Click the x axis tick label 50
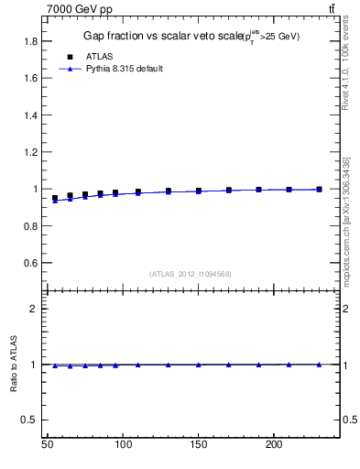(48, 445)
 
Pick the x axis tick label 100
(123, 445)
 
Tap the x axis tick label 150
(198, 445)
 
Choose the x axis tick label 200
(273, 445)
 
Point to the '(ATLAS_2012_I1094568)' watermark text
(190, 273)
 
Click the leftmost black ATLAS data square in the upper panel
(55, 198)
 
